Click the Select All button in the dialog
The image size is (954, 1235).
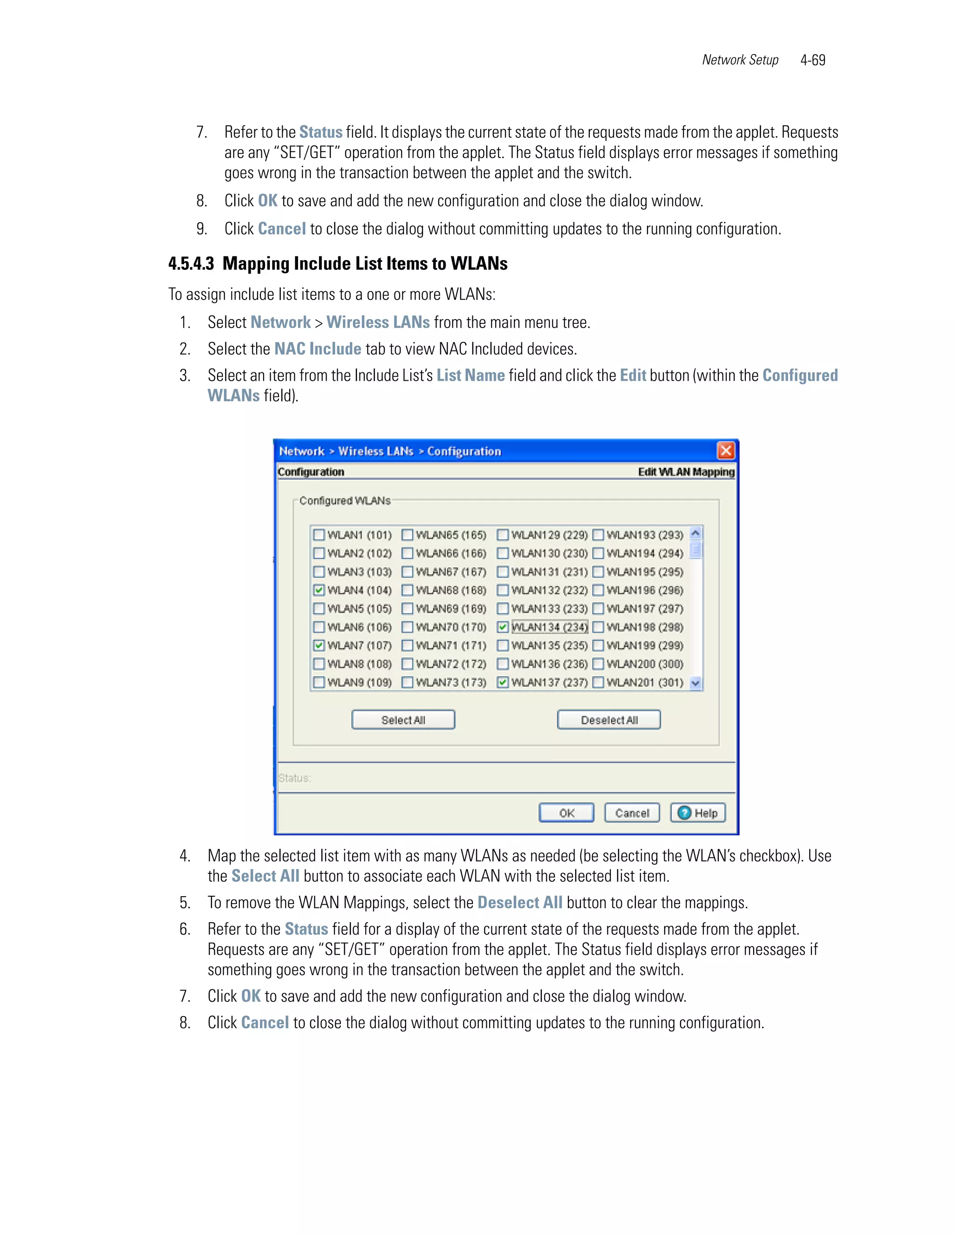403,720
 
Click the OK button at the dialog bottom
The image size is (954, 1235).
566,813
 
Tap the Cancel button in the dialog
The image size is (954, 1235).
632,813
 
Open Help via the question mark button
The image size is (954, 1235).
697,813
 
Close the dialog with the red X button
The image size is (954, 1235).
726,451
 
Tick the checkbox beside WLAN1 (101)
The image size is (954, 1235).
319,535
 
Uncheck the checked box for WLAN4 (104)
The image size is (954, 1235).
319,590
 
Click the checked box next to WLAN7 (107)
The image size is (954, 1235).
319,645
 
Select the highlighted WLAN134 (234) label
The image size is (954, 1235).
549,626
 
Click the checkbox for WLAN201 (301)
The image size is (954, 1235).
599,682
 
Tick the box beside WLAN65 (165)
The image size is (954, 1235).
408,535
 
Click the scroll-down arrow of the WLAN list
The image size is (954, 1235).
696,683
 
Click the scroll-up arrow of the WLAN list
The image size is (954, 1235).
696,533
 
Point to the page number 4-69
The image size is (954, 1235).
813,60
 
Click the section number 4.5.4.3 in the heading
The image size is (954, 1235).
191,263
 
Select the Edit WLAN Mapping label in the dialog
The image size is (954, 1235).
686,472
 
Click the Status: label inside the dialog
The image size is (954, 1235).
294,778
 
